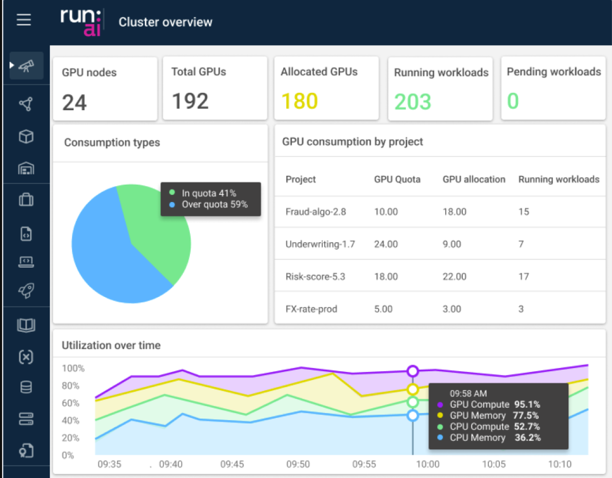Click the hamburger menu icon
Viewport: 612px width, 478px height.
[x=24, y=21]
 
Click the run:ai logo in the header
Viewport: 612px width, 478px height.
[x=81, y=22]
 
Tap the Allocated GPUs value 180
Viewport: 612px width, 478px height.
[x=299, y=102]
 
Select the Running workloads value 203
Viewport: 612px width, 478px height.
[x=412, y=102]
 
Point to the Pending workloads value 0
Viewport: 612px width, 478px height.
[x=513, y=102]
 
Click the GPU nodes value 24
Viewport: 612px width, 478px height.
[x=74, y=103]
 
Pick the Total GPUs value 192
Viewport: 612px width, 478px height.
[x=190, y=102]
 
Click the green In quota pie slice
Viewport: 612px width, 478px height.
[x=159, y=231]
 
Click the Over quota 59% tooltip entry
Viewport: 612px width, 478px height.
[x=214, y=205]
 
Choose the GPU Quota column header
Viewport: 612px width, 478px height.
[x=397, y=180]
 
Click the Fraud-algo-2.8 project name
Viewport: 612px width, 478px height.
[x=315, y=212]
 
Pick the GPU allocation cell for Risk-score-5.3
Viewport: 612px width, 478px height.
[x=455, y=277]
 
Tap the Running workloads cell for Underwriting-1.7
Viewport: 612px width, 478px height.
[x=521, y=244]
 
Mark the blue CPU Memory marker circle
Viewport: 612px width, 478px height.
[x=412, y=415]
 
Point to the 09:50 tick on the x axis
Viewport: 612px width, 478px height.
[x=298, y=465]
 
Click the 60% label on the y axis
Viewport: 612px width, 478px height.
[x=70, y=403]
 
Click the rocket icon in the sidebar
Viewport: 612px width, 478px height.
[x=26, y=290]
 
